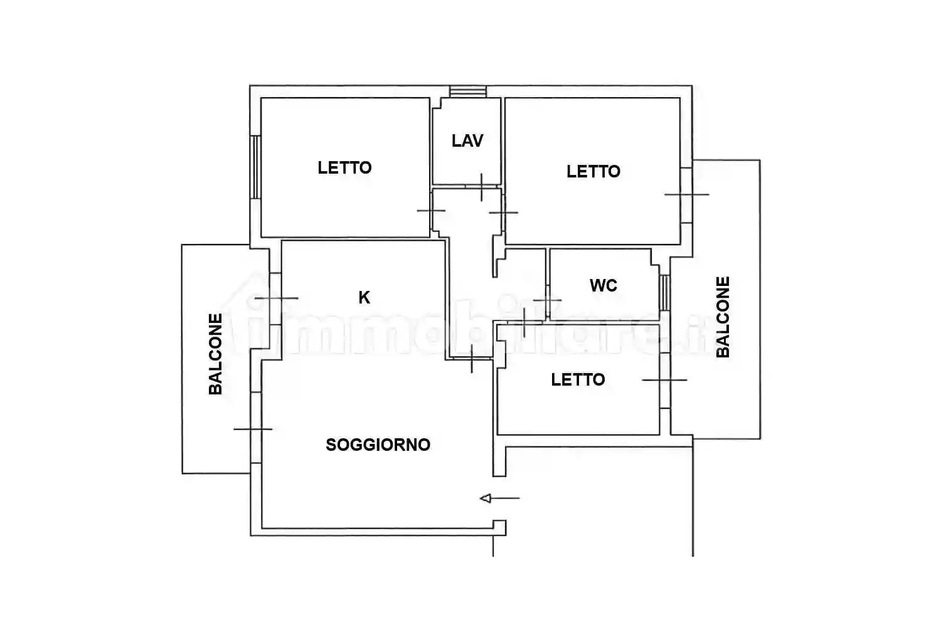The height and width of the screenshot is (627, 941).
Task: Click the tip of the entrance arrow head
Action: pyautogui.click(x=480, y=498)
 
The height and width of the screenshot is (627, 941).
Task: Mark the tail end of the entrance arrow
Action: pyautogui.click(x=519, y=498)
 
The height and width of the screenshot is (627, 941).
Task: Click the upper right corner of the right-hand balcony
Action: pyautogui.click(x=760, y=160)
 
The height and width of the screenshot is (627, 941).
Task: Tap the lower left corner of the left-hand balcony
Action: pyautogui.click(x=183, y=473)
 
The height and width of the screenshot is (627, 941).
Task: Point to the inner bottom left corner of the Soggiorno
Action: pyautogui.click(x=262, y=527)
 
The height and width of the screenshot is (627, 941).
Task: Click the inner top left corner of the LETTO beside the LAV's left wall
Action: pyautogui.click(x=262, y=98)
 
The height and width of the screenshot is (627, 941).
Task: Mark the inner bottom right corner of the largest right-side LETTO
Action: pyautogui.click(x=679, y=243)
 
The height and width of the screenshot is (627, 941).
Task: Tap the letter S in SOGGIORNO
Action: pyautogui.click(x=331, y=445)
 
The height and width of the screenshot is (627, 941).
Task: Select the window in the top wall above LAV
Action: pyautogui.click(x=468, y=92)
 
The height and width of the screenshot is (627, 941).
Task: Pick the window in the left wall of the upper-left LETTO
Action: pyautogui.click(x=255, y=167)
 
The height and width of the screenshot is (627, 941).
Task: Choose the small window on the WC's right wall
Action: pyautogui.click(x=664, y=293)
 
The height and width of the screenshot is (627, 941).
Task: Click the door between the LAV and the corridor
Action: pyautogui.click(x=482, y=186)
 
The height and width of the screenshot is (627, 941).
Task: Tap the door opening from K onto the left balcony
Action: pyautogui.click(x=275, y=298)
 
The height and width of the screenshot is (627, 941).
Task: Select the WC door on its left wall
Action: pyautogui.click(x=548, y=300)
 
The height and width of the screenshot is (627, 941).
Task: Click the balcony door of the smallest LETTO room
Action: pyautogui.click(x=664, y=380)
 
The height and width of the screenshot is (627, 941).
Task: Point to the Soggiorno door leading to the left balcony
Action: pyautogui.click(x=256, y=429)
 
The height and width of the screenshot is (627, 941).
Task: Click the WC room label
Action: pyautogui.click(x=603, y=285)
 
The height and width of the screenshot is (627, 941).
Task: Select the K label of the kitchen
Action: pyautogui.click(x=364, y=297)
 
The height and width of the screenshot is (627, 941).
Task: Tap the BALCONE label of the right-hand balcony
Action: pyautogui.click(x=723, y=317)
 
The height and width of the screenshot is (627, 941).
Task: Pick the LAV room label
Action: pyautogui.click(x=467, y=140)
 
